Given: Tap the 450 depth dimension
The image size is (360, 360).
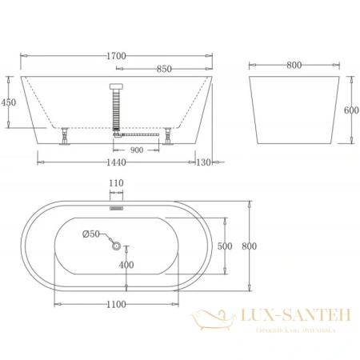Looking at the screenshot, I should pyautogui.click(x=10, y=102).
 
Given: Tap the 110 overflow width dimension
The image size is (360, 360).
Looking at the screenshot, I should pyautogui.click(x=117, y=184).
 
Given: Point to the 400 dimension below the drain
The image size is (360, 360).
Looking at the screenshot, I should pyautogui.click(x=126, y=264).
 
